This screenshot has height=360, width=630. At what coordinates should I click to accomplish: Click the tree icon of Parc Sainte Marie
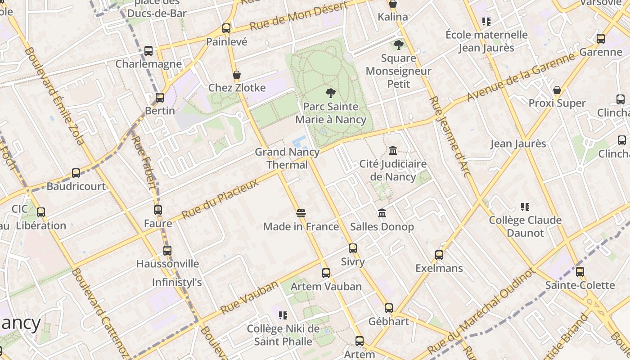331,93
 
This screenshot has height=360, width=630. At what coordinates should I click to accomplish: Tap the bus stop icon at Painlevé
226,28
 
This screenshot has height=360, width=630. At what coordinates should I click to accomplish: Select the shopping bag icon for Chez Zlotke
237,75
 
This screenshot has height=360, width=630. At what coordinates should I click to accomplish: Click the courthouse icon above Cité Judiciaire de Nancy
393,150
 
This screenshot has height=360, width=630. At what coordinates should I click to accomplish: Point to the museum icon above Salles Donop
382,213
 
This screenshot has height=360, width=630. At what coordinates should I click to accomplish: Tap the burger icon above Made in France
301,213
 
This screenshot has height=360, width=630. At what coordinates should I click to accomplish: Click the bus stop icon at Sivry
353,248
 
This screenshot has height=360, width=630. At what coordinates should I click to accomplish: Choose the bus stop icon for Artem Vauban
326,273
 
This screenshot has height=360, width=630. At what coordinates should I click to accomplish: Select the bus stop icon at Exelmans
439,255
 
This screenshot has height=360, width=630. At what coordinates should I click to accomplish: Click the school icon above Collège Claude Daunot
525,207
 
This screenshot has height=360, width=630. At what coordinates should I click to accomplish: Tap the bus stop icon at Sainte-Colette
580,271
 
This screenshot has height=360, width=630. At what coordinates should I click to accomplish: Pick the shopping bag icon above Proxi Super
557,90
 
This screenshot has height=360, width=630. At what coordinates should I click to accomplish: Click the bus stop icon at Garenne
601,38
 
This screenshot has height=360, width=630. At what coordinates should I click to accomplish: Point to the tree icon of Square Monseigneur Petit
398,45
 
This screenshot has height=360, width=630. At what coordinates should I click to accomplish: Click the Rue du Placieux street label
220,199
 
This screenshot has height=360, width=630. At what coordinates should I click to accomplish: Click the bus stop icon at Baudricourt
76,173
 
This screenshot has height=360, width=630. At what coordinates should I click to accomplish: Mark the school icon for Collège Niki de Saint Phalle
283,315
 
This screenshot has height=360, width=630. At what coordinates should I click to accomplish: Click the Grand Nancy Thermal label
287,158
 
